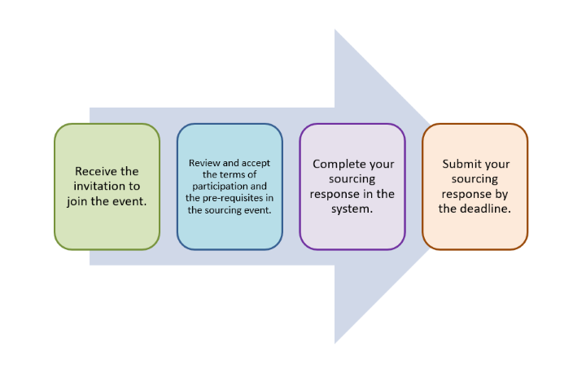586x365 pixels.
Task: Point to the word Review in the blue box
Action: (204, 163)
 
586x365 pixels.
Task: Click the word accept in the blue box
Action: (254, 163)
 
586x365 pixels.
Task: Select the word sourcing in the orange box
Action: (474, 178)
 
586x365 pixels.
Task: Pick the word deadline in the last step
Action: (486, 209)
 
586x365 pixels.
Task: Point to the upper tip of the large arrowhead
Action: (335, 30)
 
